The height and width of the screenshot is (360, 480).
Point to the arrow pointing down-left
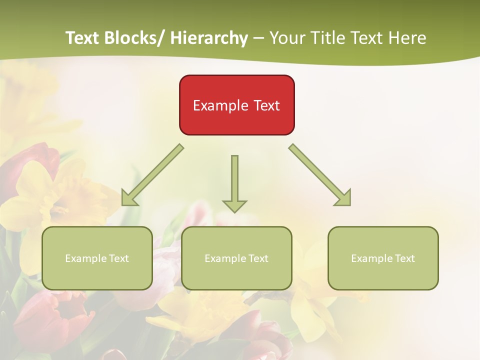coord(152,175)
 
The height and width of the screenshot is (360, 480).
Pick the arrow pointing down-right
coord(320,175)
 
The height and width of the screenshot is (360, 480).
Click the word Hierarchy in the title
coord(209,38)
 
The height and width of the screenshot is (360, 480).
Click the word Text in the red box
coord(266,105)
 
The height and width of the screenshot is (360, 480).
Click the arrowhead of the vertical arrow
coord(234,205)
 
